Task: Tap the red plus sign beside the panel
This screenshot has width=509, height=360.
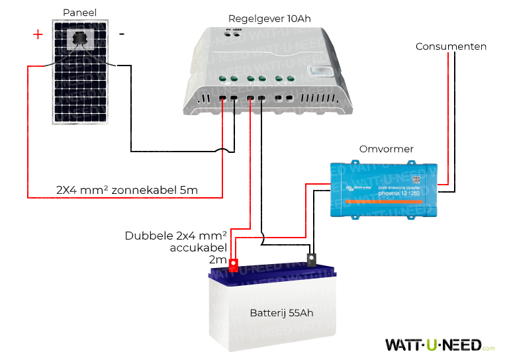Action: pos(38,34)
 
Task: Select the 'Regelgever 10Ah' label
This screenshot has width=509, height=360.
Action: pos(269,18)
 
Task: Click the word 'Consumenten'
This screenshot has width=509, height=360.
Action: pos(451,46)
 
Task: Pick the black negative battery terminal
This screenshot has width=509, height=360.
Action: pos(312,258)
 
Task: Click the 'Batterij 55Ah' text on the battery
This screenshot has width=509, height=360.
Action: pos(281,312)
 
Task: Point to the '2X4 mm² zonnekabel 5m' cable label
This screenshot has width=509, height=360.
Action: pos(127,191)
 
